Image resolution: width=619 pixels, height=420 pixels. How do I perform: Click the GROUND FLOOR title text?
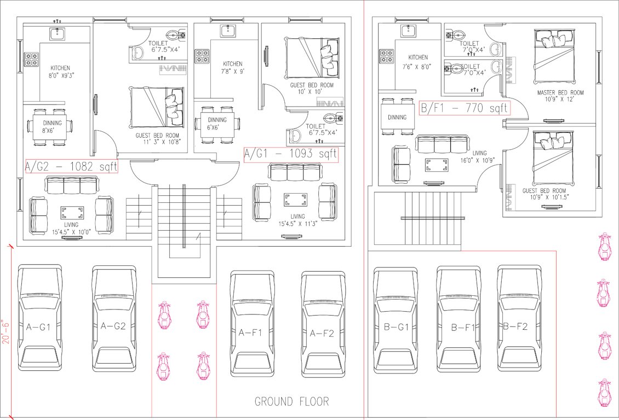291,401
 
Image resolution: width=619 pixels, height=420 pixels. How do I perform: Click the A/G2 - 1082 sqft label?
71,166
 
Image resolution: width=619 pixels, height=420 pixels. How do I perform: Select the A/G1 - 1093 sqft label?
290,154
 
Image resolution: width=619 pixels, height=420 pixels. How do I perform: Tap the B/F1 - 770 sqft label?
464,108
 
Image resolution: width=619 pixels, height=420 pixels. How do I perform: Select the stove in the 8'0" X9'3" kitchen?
31,59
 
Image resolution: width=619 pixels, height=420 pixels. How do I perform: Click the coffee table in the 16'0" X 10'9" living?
437,164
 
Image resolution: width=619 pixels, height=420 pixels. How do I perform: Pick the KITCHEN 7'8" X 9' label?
232,67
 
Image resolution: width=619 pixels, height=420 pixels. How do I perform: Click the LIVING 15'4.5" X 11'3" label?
297,220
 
